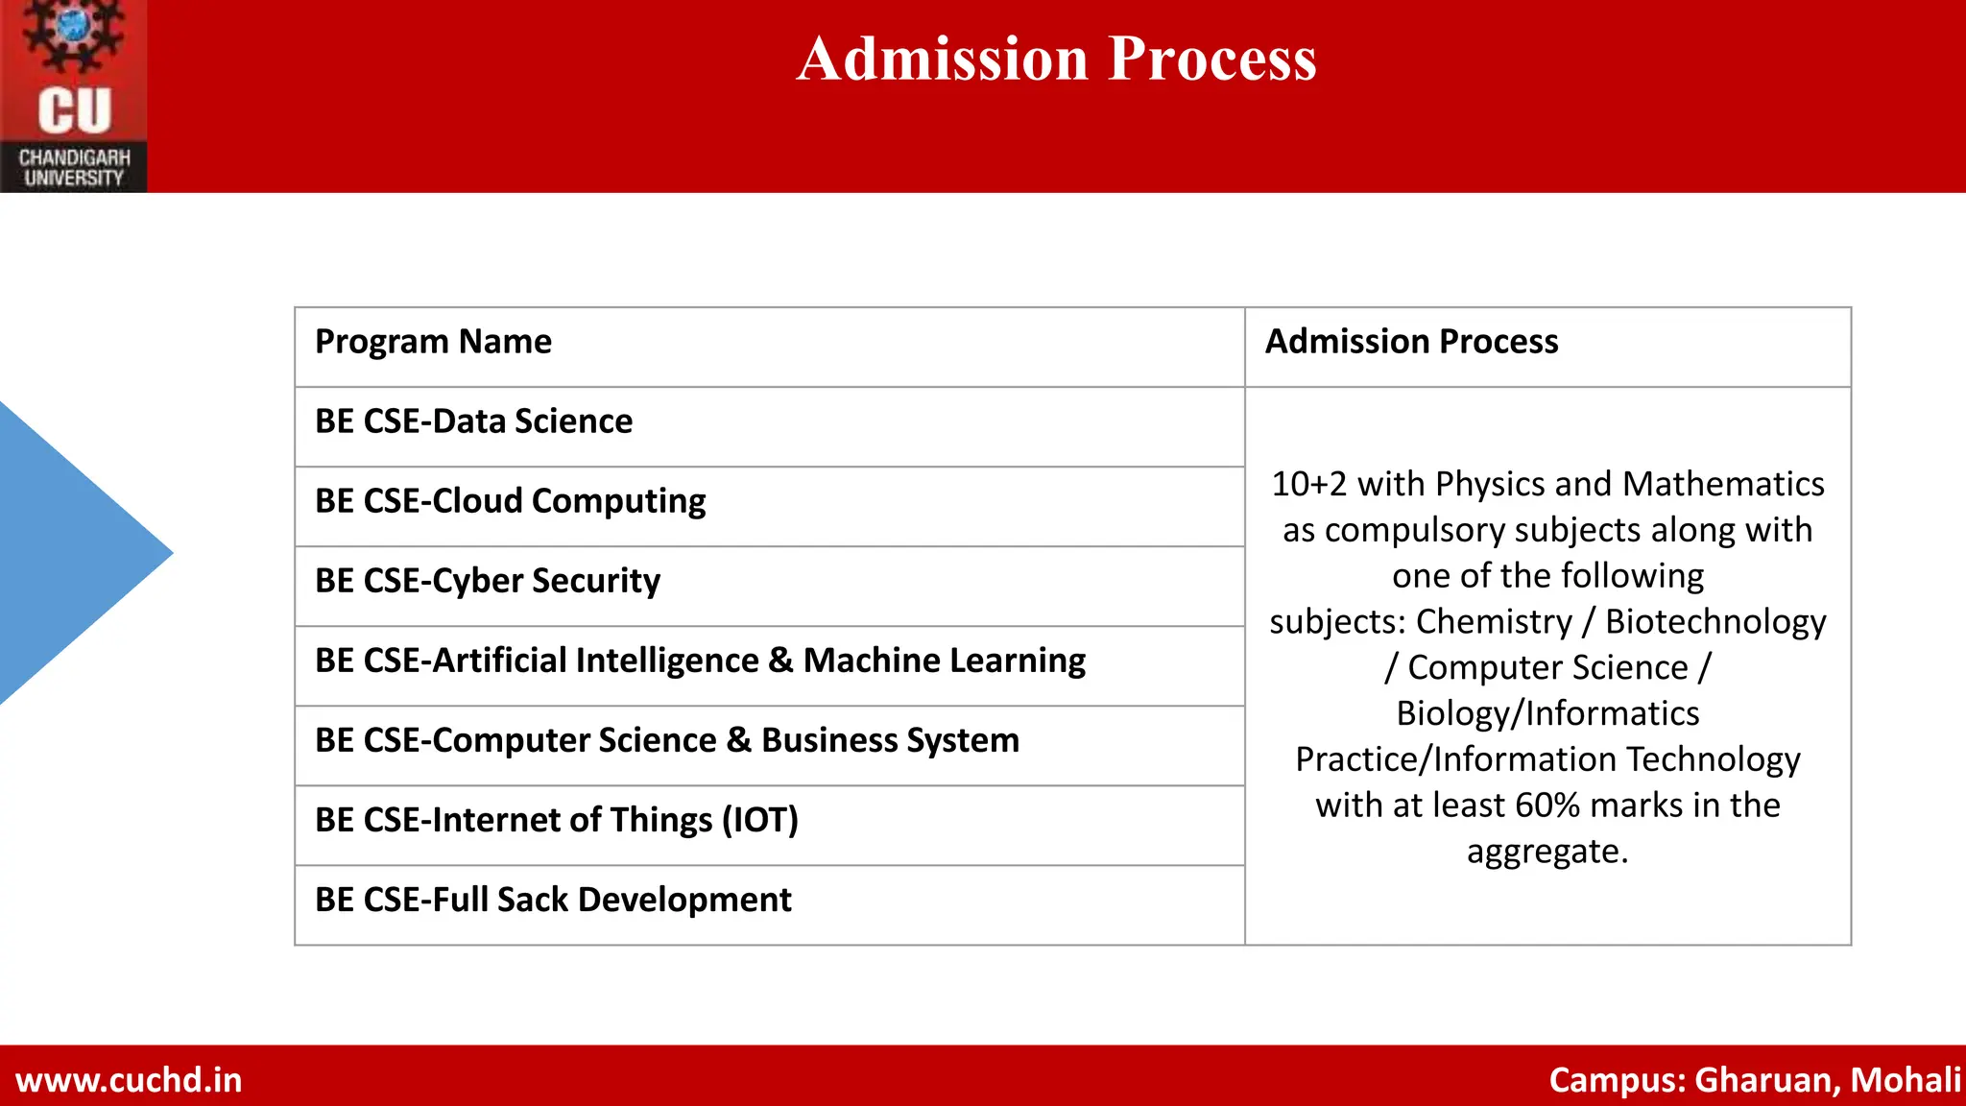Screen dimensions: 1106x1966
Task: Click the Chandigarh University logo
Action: click(73, 96)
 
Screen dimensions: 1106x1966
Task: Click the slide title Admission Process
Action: click(1056, 59)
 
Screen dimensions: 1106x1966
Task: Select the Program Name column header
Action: click(433, 342)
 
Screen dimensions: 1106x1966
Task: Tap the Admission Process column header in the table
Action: click(1411, 342)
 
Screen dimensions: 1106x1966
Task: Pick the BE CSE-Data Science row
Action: click(473, 421)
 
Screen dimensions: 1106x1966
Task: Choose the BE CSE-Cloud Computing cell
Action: click(510, 501)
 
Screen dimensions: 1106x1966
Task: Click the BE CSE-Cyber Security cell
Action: click(488, 581)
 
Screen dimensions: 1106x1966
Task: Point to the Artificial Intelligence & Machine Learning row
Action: click(700, 661)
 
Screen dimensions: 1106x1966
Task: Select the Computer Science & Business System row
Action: click(667, 740)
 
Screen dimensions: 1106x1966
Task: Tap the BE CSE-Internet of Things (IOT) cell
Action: click(557, 820)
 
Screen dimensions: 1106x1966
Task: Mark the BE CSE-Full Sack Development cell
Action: click(553, 900)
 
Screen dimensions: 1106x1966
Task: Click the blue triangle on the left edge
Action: click(67, 553)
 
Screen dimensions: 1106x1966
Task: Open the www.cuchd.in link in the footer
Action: click(129, 1080)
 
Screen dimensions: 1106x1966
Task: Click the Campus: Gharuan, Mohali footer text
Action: click(1754, 1080)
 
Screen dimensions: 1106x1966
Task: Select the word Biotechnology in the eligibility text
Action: click(1715, 621)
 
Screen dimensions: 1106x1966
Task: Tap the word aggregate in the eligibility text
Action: click(1546, 851)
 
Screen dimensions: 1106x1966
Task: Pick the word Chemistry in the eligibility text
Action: click(1494, 621)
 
